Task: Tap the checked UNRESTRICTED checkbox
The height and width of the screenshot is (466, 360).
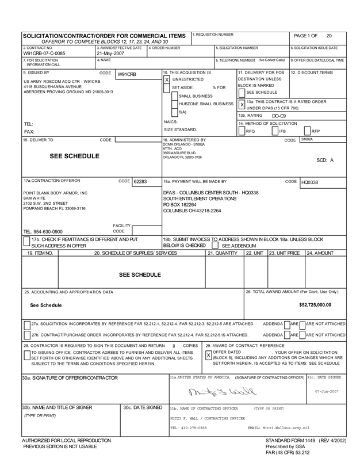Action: [167, 79]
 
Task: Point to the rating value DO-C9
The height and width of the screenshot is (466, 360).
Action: [279, 116]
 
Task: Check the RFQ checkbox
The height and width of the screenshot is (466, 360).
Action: [242, 131]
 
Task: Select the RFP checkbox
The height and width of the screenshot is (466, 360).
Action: [308, 131]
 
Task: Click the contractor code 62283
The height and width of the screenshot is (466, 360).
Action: [140, 181]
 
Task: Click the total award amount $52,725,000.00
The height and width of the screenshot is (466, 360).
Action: [315, 304]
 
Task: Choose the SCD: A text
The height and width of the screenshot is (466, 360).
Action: [325, 160]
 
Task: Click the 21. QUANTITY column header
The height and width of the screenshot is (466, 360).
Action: [222, 253]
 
